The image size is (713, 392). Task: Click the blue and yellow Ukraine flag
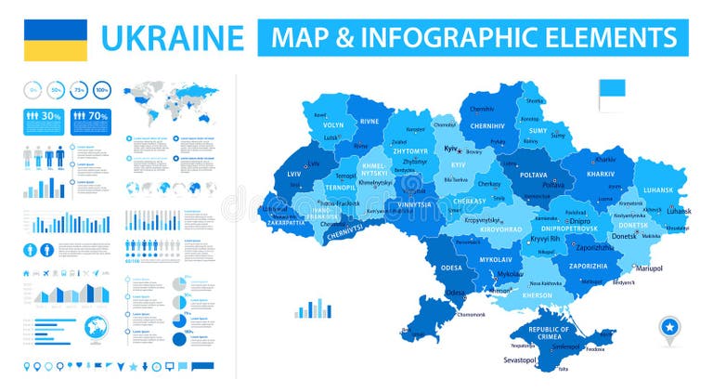(x=55, y=40)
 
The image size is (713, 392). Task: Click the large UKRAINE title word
(x=173, y=39)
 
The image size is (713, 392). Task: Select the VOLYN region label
(x=333, y=124)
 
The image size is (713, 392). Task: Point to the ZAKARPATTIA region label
(x=284, y=224)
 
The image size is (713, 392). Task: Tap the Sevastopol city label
(x=520, y=359)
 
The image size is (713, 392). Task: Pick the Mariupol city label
(x=648, y=268)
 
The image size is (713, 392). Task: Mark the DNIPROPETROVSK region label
(x=567, y=228)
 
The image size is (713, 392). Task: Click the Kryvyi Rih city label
(x=541, y=239)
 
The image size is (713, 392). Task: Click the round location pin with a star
(x=669, y=328)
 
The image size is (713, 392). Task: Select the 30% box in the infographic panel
(x=44, y=118)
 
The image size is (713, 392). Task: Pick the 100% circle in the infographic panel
(x=102, y=90)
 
